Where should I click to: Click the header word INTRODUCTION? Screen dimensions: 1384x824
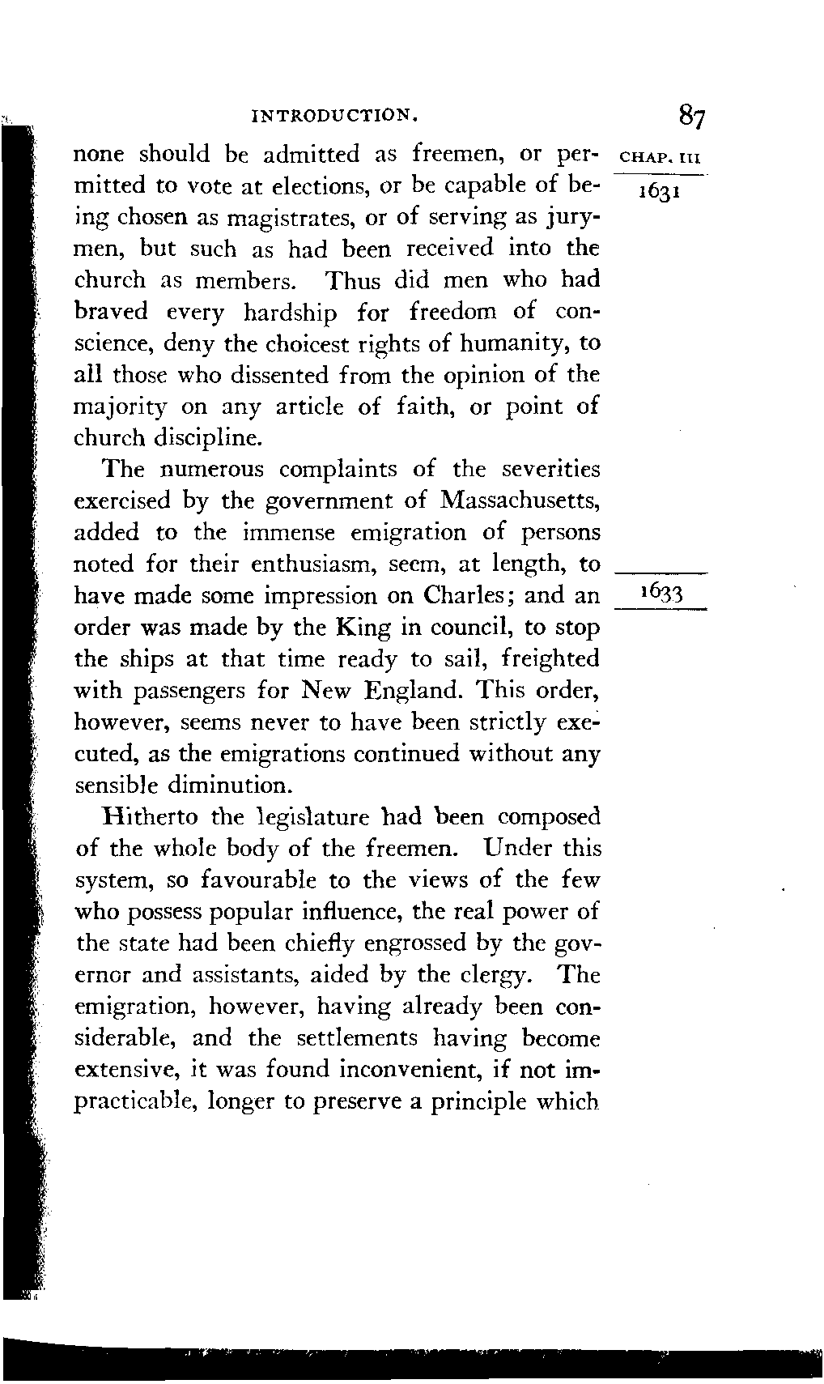click(x=335, y=115)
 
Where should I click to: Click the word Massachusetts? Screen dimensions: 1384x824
click(x=519, y=501)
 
